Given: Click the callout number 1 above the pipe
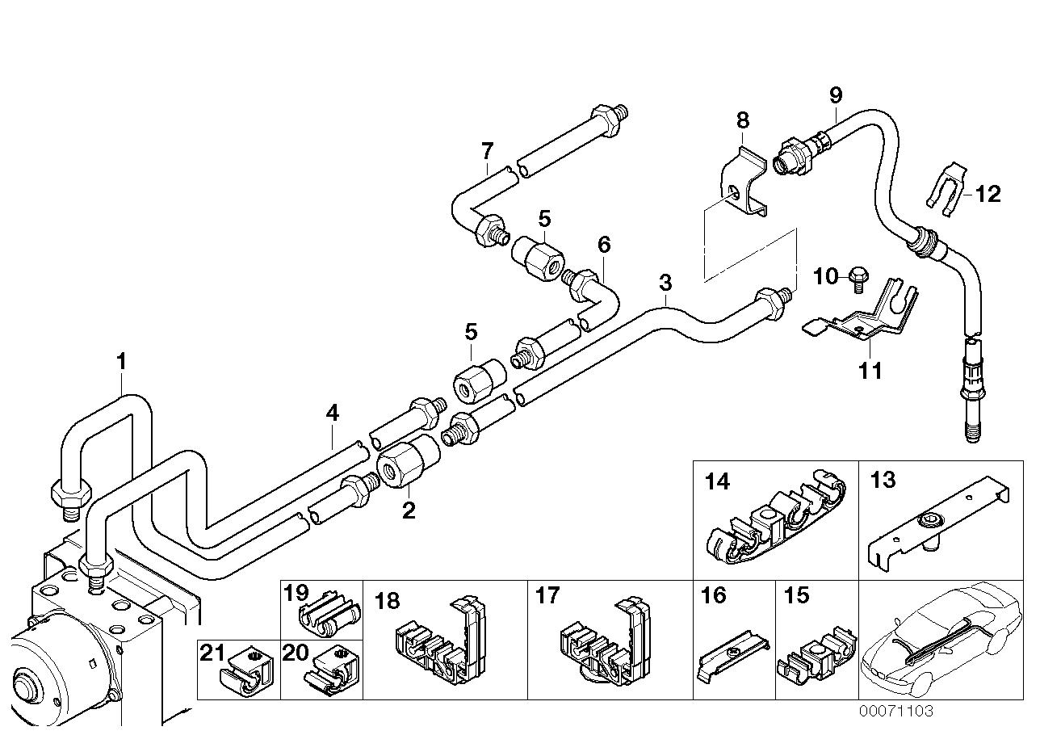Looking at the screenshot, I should point(121,362).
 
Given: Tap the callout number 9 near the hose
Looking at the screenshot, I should point(836,94).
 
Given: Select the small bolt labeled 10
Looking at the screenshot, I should point(858,279).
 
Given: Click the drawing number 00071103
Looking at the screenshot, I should point(895,711).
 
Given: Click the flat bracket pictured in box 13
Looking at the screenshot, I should point(937,525).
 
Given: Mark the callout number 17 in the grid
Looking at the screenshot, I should point(547,596).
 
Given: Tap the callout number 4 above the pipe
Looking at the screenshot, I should point(332,414).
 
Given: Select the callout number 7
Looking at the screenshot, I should point(487,150).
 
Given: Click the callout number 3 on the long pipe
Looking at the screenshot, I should point(665,283).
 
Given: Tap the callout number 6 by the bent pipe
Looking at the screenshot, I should point(604,244).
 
